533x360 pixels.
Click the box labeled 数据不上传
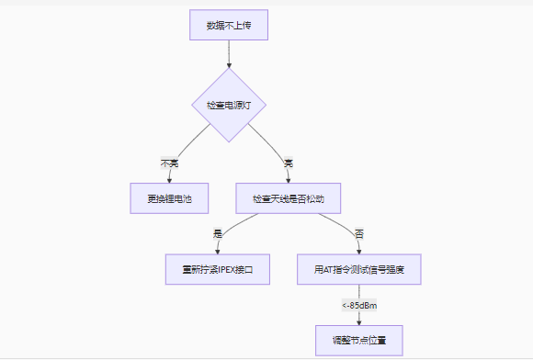pos(228,25)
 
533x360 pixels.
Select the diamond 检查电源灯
pos(228,106)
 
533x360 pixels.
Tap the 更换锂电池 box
pos(169,197)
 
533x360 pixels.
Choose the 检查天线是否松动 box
pos(289,197)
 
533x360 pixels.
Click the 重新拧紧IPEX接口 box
pos(218,270)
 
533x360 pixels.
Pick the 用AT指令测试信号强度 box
pos(359,270)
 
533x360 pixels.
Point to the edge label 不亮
pos(170,162)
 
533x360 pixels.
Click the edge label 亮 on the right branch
pos(288,162)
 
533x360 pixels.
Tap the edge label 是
pos(218,234)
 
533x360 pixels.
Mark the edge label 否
pos(359,234)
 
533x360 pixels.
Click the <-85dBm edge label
pos(359,305)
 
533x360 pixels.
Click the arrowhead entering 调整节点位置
pos(359,321)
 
